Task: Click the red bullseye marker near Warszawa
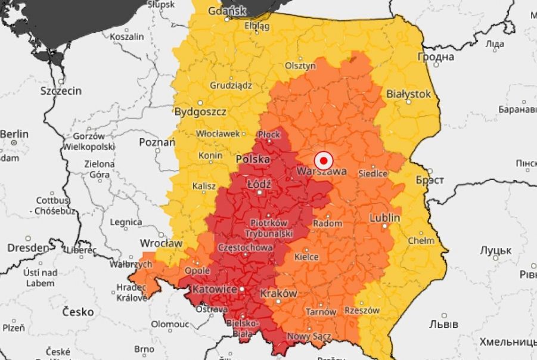tap(323, 160)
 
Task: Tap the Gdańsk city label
tap(226, 11)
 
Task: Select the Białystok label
tap(408, 94)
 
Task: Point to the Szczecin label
tap(61, 91)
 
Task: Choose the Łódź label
tap(258, 184)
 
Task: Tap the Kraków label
tap(278, 294)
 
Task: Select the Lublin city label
tap(384, 218)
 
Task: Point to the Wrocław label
tap(160, 243)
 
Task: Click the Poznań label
tap(157, 142)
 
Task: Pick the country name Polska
tap(253, 160)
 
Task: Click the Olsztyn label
tap(300, 66)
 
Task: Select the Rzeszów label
tap(362, 311)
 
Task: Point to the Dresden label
tap(28, 247)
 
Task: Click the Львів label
tap(444, 324)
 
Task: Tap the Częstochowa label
tap(246, 247)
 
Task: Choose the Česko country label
tap(78, 312)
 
